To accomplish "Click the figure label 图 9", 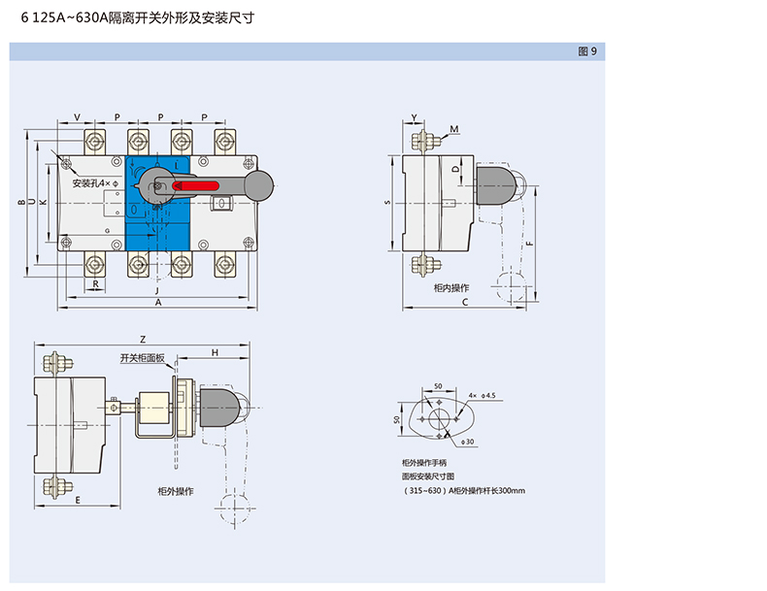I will [586, 51].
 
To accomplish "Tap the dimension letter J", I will [156, 290].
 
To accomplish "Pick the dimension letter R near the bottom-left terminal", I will [96, 283].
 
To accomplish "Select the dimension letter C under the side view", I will [465, 304].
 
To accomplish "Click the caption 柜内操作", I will [451, 288].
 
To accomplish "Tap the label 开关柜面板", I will [143, 358].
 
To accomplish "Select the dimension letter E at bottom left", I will [77, 499].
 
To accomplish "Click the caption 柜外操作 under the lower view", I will [176, 491].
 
